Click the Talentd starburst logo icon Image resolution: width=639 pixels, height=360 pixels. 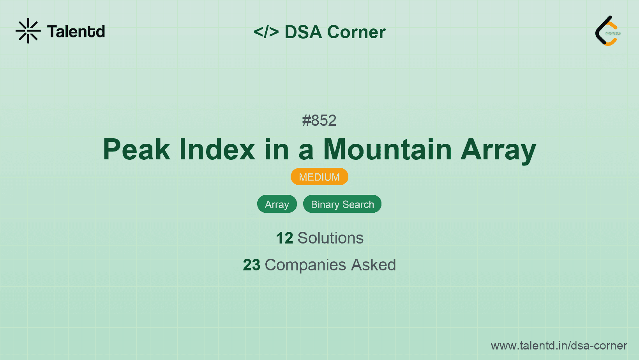[28, 31]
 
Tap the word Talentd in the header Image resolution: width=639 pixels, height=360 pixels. [76, 32]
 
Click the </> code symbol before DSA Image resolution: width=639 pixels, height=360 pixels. [266, 32]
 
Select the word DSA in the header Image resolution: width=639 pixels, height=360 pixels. [303, 32]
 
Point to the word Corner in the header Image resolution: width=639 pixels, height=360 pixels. [356, 32]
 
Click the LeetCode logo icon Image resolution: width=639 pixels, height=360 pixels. [607, 31]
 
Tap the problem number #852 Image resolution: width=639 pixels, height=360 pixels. [319, 121]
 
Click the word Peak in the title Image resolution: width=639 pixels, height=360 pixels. [136, 150]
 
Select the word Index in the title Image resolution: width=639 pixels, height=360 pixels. [217, 150]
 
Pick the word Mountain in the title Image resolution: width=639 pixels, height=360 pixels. [387, 150]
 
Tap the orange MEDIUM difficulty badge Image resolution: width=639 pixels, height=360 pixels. [319, 177]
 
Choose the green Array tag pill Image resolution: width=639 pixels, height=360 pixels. [277, 204]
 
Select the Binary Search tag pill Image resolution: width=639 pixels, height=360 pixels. [342, 204]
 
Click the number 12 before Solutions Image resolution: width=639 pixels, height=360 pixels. [284, 238]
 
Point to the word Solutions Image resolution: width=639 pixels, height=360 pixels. [330, 238]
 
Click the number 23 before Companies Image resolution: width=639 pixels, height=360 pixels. [251, 265]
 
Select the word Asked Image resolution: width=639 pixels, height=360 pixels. [373, 265]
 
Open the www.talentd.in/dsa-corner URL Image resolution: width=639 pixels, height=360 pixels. [559, 346]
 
